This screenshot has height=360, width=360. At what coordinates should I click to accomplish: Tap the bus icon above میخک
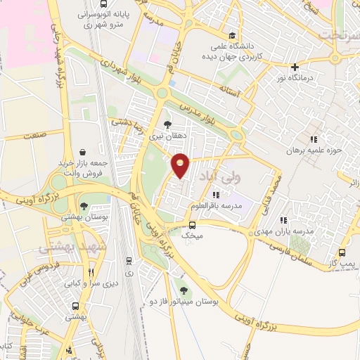(192, 225)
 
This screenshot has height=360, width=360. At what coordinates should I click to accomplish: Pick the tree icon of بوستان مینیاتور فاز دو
(184, 288)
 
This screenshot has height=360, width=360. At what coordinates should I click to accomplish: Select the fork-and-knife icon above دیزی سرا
(90, 272)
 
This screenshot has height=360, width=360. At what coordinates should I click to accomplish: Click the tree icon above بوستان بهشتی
(84, 206)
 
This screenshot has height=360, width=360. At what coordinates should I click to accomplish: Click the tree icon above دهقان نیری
(167, 124)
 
